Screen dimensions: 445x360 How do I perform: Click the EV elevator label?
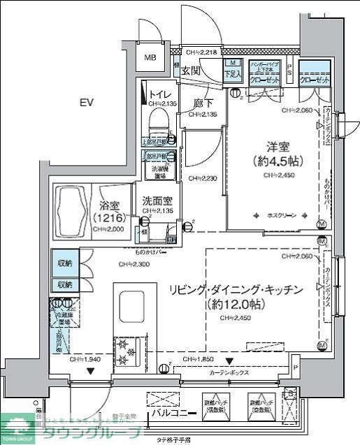86,103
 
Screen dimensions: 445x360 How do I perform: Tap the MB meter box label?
150,59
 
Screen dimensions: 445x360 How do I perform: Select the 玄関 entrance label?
191,70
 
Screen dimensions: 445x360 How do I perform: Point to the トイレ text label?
159,93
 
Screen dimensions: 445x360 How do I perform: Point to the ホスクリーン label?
282,215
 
